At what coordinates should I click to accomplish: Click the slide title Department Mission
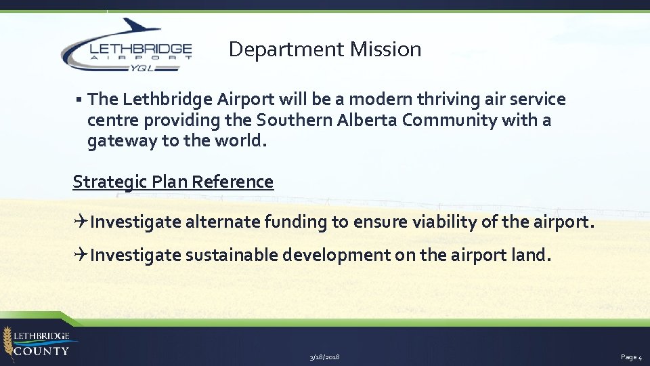[x=325, y=49]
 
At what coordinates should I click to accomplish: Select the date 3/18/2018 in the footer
[x=324, y=357]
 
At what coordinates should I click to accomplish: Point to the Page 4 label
[x=630, y=357]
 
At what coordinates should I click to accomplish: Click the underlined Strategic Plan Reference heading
[x=173, y=182]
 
